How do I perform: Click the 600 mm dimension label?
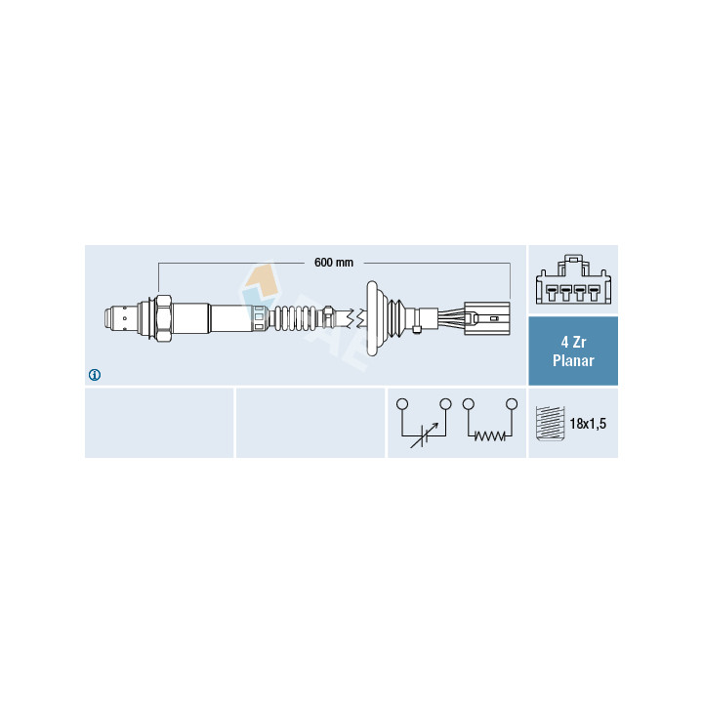point(334,263)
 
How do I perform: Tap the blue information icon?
point(95,375)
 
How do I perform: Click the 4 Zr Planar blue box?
point(573,351)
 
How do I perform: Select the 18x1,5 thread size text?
point(588,423)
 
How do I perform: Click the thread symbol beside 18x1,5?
point(550,424)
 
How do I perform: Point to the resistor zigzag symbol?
point(489,435)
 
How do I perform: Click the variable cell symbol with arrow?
point(424,435)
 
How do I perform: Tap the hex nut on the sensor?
point(164,318)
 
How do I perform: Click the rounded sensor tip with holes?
point(121,318)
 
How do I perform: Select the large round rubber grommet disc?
point(373,318)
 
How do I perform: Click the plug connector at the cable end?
point(487,318)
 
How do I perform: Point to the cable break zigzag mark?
point(358,318)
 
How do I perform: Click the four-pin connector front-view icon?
point(573,279)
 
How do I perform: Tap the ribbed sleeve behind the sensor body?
point(296,318)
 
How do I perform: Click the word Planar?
point(573,360)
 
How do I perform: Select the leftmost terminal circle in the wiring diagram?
point(402,404)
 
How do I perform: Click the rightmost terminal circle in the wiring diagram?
point(512,404)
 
